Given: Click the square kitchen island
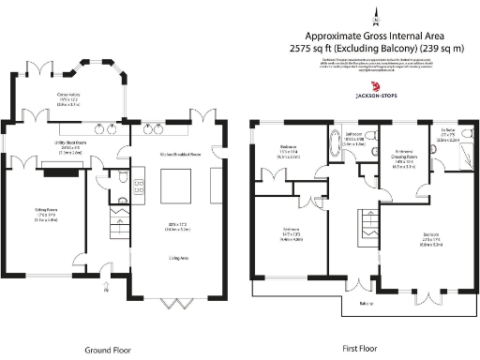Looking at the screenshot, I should [x=177, y=186].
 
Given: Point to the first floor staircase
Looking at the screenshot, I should [x=361, y=225].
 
